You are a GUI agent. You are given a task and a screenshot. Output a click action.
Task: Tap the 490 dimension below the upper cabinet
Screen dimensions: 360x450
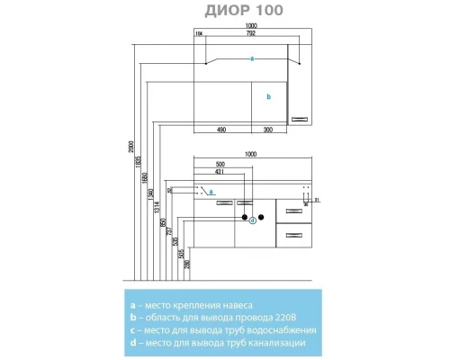(220, 130)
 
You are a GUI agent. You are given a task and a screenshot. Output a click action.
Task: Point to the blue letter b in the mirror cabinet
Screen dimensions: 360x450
(268, 95)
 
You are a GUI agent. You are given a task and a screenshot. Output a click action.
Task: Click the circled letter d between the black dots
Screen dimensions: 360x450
(252, 220)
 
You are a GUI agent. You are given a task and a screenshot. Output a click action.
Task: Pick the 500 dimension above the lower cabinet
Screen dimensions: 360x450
(220, 164)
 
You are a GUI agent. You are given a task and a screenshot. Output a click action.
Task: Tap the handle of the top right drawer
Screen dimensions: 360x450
(293, 211)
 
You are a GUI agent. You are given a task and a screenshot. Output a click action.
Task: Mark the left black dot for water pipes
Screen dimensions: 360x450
(243, 217)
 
